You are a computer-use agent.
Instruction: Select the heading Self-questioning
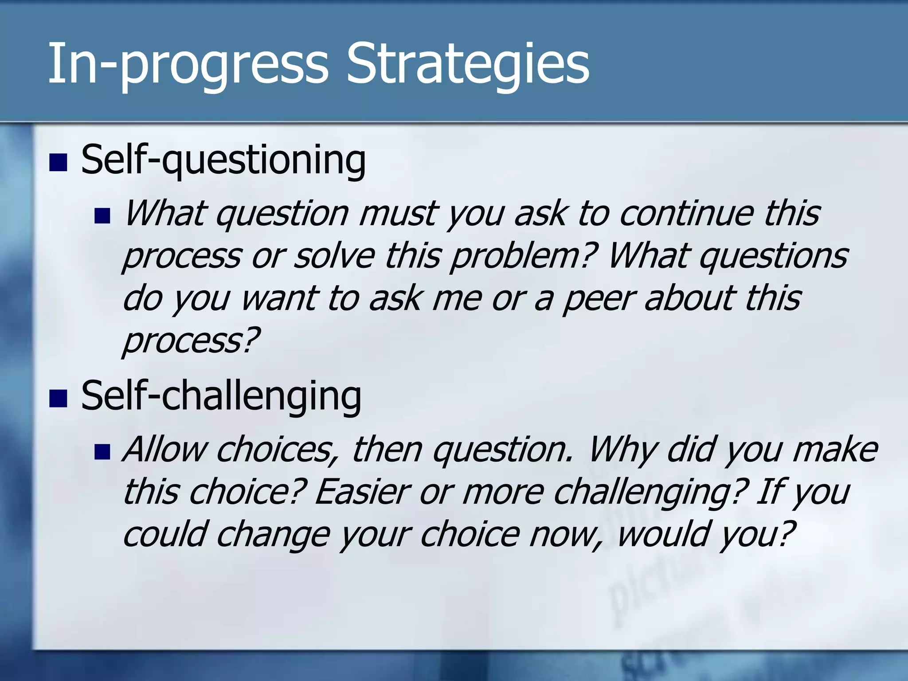pyautogui.click(x=223, y=160)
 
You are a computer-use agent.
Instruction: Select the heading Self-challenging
pyautogui.click(x=221, y=396)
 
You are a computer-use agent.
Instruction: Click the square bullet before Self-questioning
pyautogui.click(x=58, y=163)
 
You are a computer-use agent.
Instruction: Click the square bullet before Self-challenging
pyautogui.click(x=58, y=398)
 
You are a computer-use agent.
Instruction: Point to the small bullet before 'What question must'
pyautogui.click(x=102, y=216)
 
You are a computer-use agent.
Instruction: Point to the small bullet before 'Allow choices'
pyautogui.click(x=102, y=452)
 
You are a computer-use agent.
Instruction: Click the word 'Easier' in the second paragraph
pyautogui.click(x=362, y=492)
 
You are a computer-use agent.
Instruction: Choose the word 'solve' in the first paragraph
pyautogui.click(x=335, y=256)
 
